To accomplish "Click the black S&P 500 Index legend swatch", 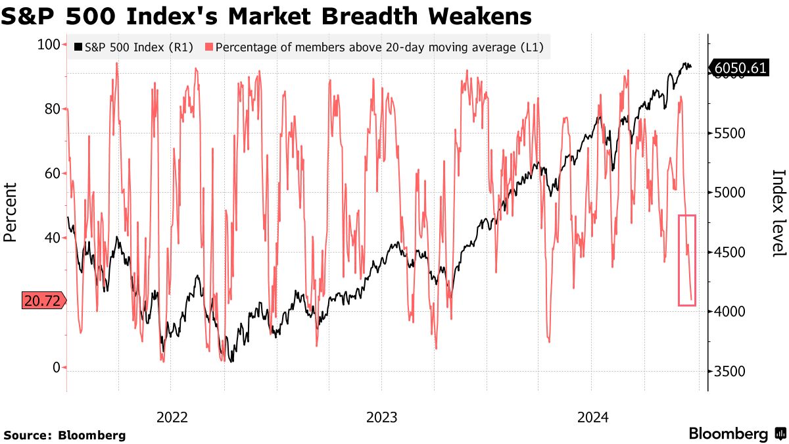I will click(78, 47).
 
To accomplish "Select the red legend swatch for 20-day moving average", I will click(209, 47).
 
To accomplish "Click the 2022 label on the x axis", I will click(172, 417).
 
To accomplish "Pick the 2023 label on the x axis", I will click(382, 417).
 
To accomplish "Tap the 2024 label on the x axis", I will click(592, 417).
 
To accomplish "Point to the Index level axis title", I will click(778, 212).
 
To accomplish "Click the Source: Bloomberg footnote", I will click(64, 435).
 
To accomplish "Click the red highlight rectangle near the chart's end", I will click(687, 260).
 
